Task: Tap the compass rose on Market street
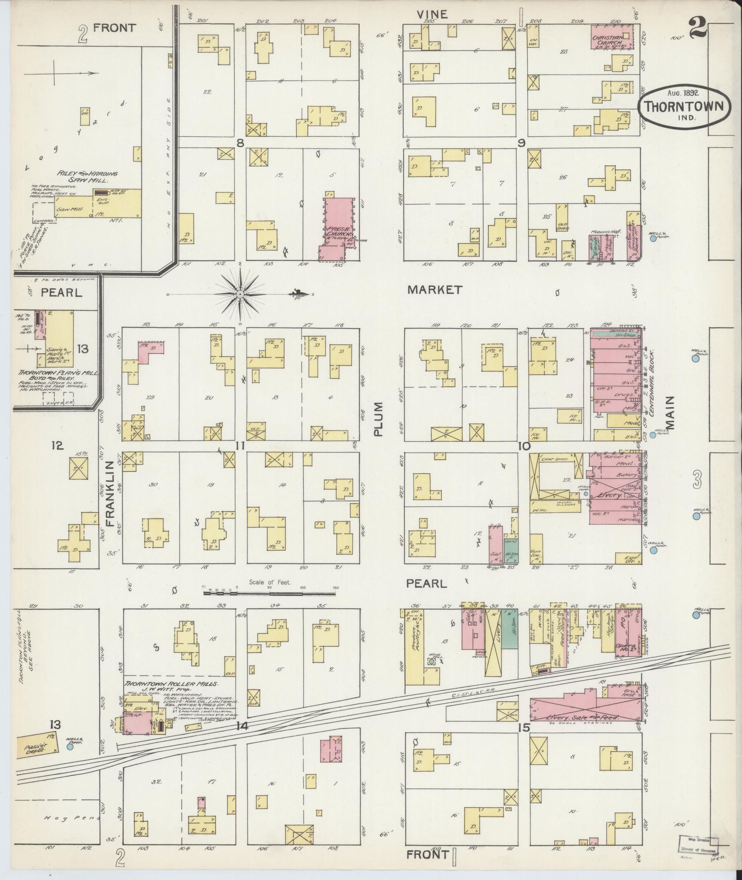(x=240, y=294)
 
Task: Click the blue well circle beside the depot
(x=70, y=748)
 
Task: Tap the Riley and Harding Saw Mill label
(x=87, y=177)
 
